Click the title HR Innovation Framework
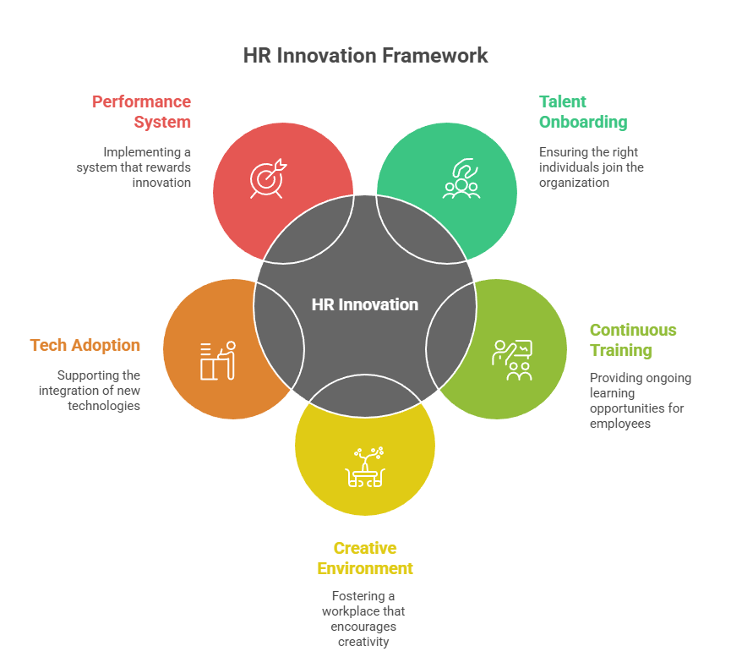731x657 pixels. click(365, 56)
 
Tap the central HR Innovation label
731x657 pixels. click(365, 304)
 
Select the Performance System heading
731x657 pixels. click(142, 112)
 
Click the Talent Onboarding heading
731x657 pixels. click(583, 112)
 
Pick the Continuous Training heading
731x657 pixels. click(633, 340)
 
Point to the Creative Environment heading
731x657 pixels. click(365, 558)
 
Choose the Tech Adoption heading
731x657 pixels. click(85, 345)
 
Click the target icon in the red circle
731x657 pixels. click(268, 178)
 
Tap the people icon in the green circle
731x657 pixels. click(461, 179)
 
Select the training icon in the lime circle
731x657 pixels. click(512, 359)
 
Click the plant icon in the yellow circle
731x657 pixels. click(365, 465)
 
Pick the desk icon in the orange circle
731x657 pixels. click(218, 360)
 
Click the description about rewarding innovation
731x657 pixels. click(134, 167)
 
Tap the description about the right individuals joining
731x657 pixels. click(591, 167)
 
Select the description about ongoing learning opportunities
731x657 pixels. click(640, 400)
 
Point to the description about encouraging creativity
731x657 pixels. click(365, 618)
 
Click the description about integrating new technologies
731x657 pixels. click(90, 390)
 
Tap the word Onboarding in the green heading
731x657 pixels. click(583, 122)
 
